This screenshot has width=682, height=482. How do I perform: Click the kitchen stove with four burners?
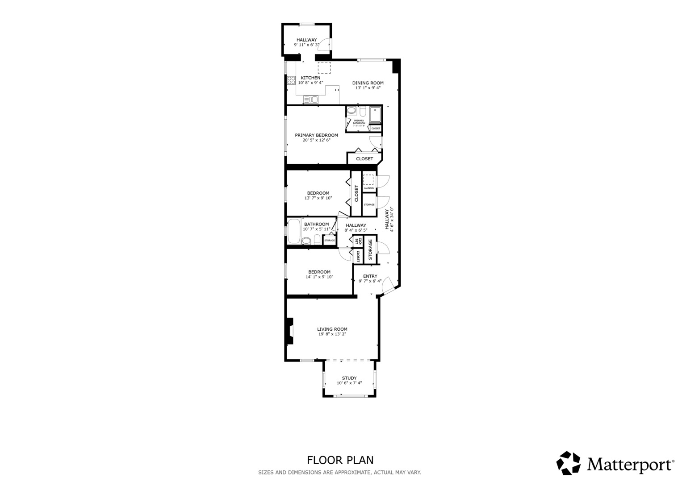coord(291,80)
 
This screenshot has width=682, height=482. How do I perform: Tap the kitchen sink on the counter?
coord(310,100)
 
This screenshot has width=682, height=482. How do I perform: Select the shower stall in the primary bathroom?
coord(376,115)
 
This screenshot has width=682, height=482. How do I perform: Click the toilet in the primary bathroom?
coord(363,111)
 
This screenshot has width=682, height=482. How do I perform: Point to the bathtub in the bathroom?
coord(293,231)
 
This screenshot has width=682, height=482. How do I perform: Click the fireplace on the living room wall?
coord(289,331)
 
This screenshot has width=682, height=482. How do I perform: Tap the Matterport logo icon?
coord(568,463)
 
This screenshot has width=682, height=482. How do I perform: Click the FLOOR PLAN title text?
coord(340,460)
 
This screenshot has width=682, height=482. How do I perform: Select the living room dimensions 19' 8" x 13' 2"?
coord(332,334)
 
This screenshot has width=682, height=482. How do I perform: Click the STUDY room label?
coord(349,378)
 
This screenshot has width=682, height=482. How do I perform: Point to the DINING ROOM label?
coord(368,83)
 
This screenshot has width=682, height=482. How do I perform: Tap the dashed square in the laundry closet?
coord(368,180)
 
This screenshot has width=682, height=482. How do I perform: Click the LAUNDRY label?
coord(369,188)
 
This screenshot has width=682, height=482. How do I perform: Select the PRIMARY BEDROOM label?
coord(316,135)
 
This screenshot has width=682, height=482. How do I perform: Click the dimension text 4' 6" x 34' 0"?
coord(392,219)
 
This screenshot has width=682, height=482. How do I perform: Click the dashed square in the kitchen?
coord(324,68)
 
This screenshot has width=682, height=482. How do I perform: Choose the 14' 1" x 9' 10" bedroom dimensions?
coord(319,277)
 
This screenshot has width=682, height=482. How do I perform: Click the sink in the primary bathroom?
coord(351,111)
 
